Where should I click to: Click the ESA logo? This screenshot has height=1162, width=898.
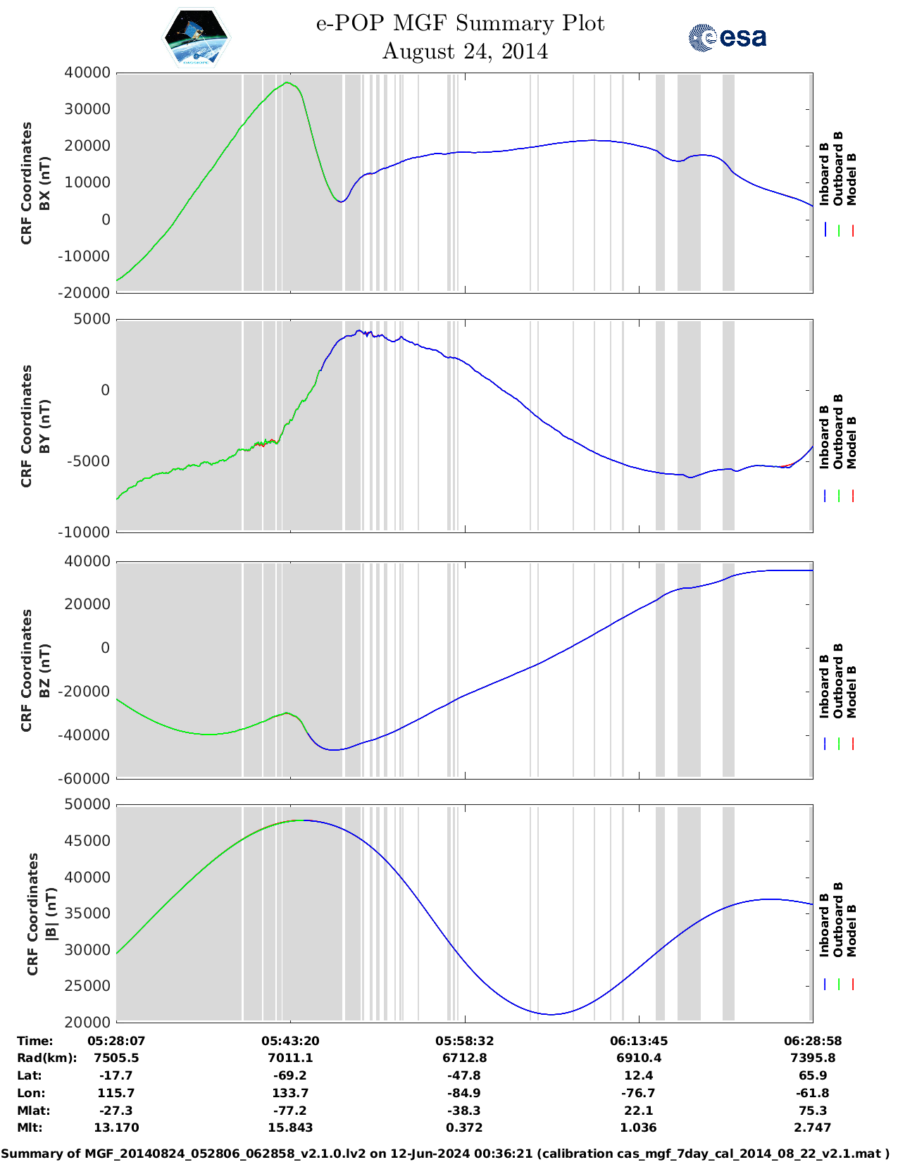(x=727, y=37)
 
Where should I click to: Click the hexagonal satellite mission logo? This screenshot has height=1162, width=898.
(x=196, y=38)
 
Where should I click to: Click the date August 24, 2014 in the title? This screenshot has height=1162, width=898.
(x=465, y=51)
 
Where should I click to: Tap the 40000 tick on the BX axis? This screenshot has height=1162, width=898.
(x=87, y=73)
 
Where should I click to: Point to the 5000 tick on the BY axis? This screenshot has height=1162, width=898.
(x=93, y=319)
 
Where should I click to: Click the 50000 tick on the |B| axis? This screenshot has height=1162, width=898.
(x=87, y=804)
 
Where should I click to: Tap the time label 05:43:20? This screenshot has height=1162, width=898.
(x=290, y=1040)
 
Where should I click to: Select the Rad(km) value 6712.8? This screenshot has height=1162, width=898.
(x=464, y=1058)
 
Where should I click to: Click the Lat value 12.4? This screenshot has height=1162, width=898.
(x=638, y=1075)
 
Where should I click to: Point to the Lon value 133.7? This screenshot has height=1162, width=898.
(x=290, y=1093)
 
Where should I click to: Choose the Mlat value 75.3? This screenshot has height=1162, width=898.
(x=813, y=1111)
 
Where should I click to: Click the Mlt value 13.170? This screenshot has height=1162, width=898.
(x=116, y=1127)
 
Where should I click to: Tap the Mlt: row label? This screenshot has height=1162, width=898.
(x=30, y=1127)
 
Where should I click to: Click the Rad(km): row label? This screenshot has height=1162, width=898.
(x=46, y=1058)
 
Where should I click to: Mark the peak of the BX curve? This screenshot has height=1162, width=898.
(x=287, y=83)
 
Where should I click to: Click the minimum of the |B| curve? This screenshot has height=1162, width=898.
(x=553, y=1014)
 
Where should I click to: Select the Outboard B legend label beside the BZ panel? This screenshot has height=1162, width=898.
(x=838, y=680)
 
